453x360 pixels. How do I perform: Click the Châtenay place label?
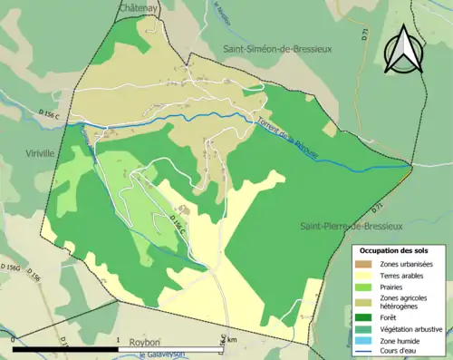[x=139, y=7]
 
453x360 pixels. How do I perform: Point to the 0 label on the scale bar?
[x=14, y=339]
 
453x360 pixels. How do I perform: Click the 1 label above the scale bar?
[x=120, y=339]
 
